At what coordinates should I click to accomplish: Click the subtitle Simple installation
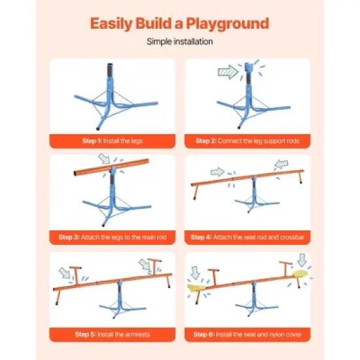click(179, 41)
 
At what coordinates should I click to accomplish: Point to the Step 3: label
click(70, 237)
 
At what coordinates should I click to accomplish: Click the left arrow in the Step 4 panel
click(216, 173)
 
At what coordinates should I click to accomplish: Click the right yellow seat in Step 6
click(301, 275)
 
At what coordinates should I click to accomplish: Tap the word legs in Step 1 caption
click(139, 141)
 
